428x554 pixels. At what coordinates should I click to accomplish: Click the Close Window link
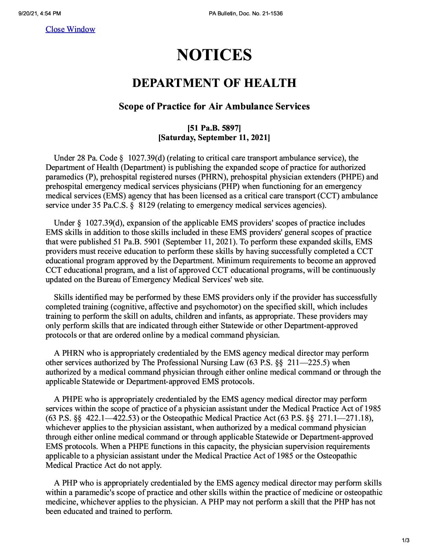pyautogui.click(x=70, y=29)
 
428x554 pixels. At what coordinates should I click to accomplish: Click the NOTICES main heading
pyautogui.click(x=214, y=55)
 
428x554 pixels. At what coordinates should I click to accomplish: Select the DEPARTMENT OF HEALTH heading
pyautogui.click(x=214, y=83)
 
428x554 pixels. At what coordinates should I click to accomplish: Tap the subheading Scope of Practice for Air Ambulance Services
pyautogui.click(x=214, y=106)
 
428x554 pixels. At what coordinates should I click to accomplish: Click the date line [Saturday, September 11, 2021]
pyautogui.click(x=214, y=138)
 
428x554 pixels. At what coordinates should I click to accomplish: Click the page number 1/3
pyautogui.click(x=406, y=540)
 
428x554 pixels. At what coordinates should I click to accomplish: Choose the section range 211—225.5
pyautogui.click(x=310, y=362)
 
